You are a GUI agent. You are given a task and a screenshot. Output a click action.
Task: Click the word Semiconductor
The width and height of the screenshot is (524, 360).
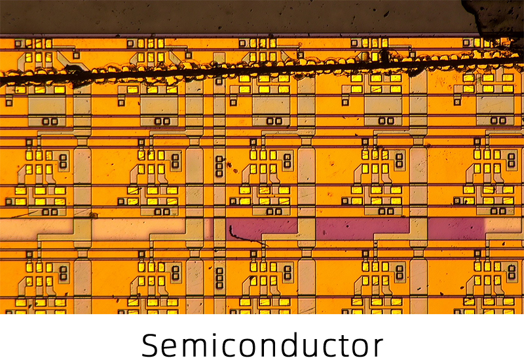(262, 345)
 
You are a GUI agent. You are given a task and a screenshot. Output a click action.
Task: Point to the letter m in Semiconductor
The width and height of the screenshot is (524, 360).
(193, 348)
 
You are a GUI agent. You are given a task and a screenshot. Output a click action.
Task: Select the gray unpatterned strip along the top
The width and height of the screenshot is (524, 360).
(229, 16)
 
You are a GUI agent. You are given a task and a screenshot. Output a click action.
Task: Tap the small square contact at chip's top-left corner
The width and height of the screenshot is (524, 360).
(18, 44)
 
